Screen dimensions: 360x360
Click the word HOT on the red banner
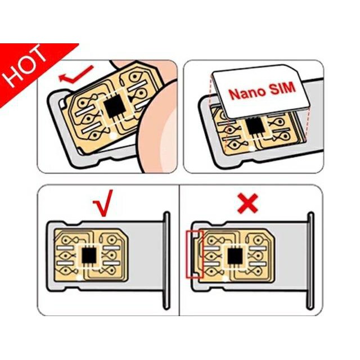[x=25, y=66]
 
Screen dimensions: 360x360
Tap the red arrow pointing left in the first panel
[x=76, y=75]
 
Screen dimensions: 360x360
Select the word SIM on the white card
[x=282, y=89]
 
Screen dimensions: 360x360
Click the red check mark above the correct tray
[x=103, y=203]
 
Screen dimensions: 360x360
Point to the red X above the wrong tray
[x=247, y=203]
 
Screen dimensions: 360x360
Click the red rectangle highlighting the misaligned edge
[x=195, y=254]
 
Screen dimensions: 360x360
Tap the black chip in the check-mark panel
[x=89, y=255]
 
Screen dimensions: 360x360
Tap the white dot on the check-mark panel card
[x=80, y=277]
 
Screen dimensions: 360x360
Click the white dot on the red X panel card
[x=226, y=278]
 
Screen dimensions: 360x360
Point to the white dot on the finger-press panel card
[x=112, y=136]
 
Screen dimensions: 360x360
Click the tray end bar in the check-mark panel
[x=166, y=260]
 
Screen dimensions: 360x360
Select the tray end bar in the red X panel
[x=310, y=260]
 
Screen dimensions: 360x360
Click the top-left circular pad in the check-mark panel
[x=65, y=240]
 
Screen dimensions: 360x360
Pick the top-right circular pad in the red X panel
[x=258, y=241]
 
